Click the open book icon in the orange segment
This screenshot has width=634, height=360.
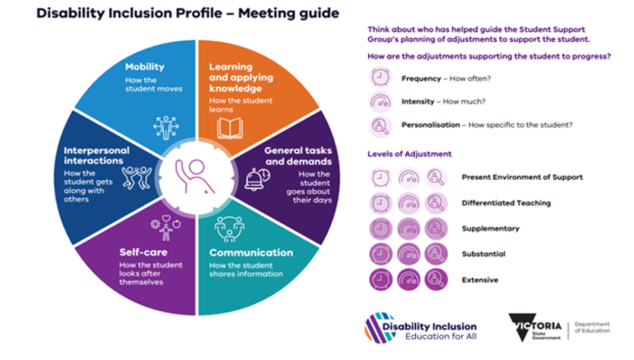(x=230, y=128)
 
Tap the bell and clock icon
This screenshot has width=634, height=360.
(x=257, y=179)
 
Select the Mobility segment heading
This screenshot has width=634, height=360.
(x=145, y=67)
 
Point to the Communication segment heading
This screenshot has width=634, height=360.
(x=251, y=253)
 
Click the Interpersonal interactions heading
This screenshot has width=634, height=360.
(x=97, y=155)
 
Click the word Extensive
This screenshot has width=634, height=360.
(x=480, y=280)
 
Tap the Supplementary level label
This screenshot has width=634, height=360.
(x=490, y=229)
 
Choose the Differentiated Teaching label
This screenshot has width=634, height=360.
(x=506, y=203)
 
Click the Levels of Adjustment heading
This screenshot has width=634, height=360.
(x=409, y=154)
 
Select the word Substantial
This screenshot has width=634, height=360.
(x=483, y=254)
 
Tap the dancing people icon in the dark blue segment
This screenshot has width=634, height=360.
(x=137, y=178)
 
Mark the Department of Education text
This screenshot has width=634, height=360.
(x=592, y=327)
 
